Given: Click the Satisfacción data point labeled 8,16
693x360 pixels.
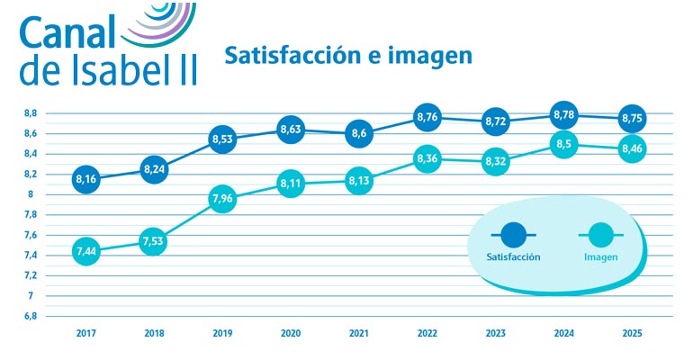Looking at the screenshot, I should pyautogui.click(x=85, y=179).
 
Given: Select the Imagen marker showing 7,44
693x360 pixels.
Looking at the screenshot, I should pyautogui.click(x=85, y=252).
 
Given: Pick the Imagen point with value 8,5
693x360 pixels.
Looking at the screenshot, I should pyautogui.click(x=563, y=143).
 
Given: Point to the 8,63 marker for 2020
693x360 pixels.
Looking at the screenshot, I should pyautogui.click(x=290, y=130).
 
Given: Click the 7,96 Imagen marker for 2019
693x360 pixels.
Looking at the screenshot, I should pyautogui.click(x=221, y=200).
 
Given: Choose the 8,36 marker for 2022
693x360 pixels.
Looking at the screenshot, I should pyautogui.click(x=427, y=159).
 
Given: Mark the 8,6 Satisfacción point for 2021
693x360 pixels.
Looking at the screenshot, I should pyautogui.click(x=358, y=133).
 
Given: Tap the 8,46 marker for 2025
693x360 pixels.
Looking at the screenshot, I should pyautogui.click(x=632, y=148).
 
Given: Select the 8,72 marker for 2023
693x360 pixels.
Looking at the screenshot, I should pyautogui.click(x=495, y=120).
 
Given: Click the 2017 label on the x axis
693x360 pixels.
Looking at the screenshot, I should pyautogui.click(x=85, y=333).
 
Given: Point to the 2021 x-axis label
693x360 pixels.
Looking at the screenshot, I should pyautogui.click(x=358, y=333).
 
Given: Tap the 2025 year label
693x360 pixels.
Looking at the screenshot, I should pyautogui.click(x=632, y=333).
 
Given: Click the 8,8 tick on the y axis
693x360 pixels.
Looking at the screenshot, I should pyautogui.click(x=30, y=113).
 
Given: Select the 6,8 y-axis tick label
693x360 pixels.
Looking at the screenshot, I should pyautogui.click(x=30, y=316).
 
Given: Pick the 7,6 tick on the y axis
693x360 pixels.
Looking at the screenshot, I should pyautogui.click(x=30, y=235).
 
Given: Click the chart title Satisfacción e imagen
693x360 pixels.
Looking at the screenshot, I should pyautogui.click(x=347, y=56).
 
